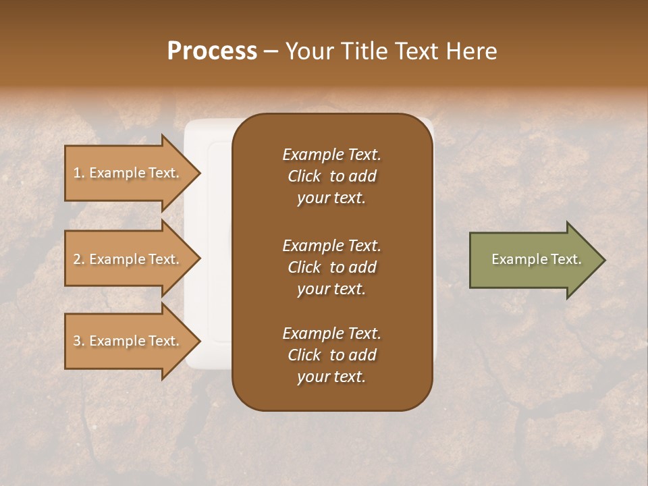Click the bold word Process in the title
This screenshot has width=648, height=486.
[212, 51]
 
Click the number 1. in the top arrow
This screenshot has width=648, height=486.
[79, 173]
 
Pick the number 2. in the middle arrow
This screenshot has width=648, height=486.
[79, 259]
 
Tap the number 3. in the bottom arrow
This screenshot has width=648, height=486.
[79, 341]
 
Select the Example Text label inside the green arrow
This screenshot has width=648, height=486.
[536, 259]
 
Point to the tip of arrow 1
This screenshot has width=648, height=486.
[200, 173]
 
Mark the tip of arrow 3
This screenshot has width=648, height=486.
[200, 341]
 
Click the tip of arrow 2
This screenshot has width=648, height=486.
[200, 259]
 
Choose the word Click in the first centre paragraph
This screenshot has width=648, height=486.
[304, 176]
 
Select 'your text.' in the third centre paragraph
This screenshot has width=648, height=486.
[331, 377]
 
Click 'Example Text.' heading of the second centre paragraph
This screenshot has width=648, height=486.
[331, 245]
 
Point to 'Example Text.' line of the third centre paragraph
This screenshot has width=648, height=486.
[331, 333]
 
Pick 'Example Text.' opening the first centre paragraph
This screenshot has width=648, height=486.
[331, 155]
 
